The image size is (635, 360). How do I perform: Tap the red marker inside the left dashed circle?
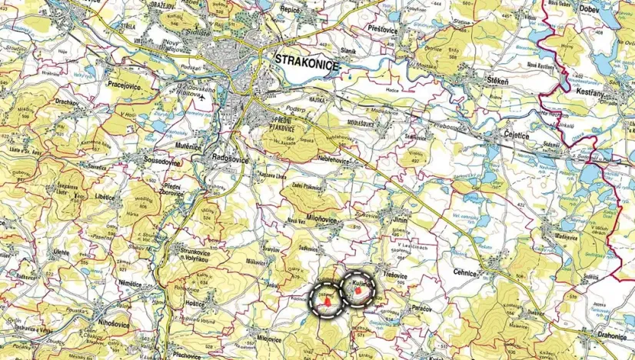[328, 303]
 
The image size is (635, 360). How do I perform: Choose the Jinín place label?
[400, 219]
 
